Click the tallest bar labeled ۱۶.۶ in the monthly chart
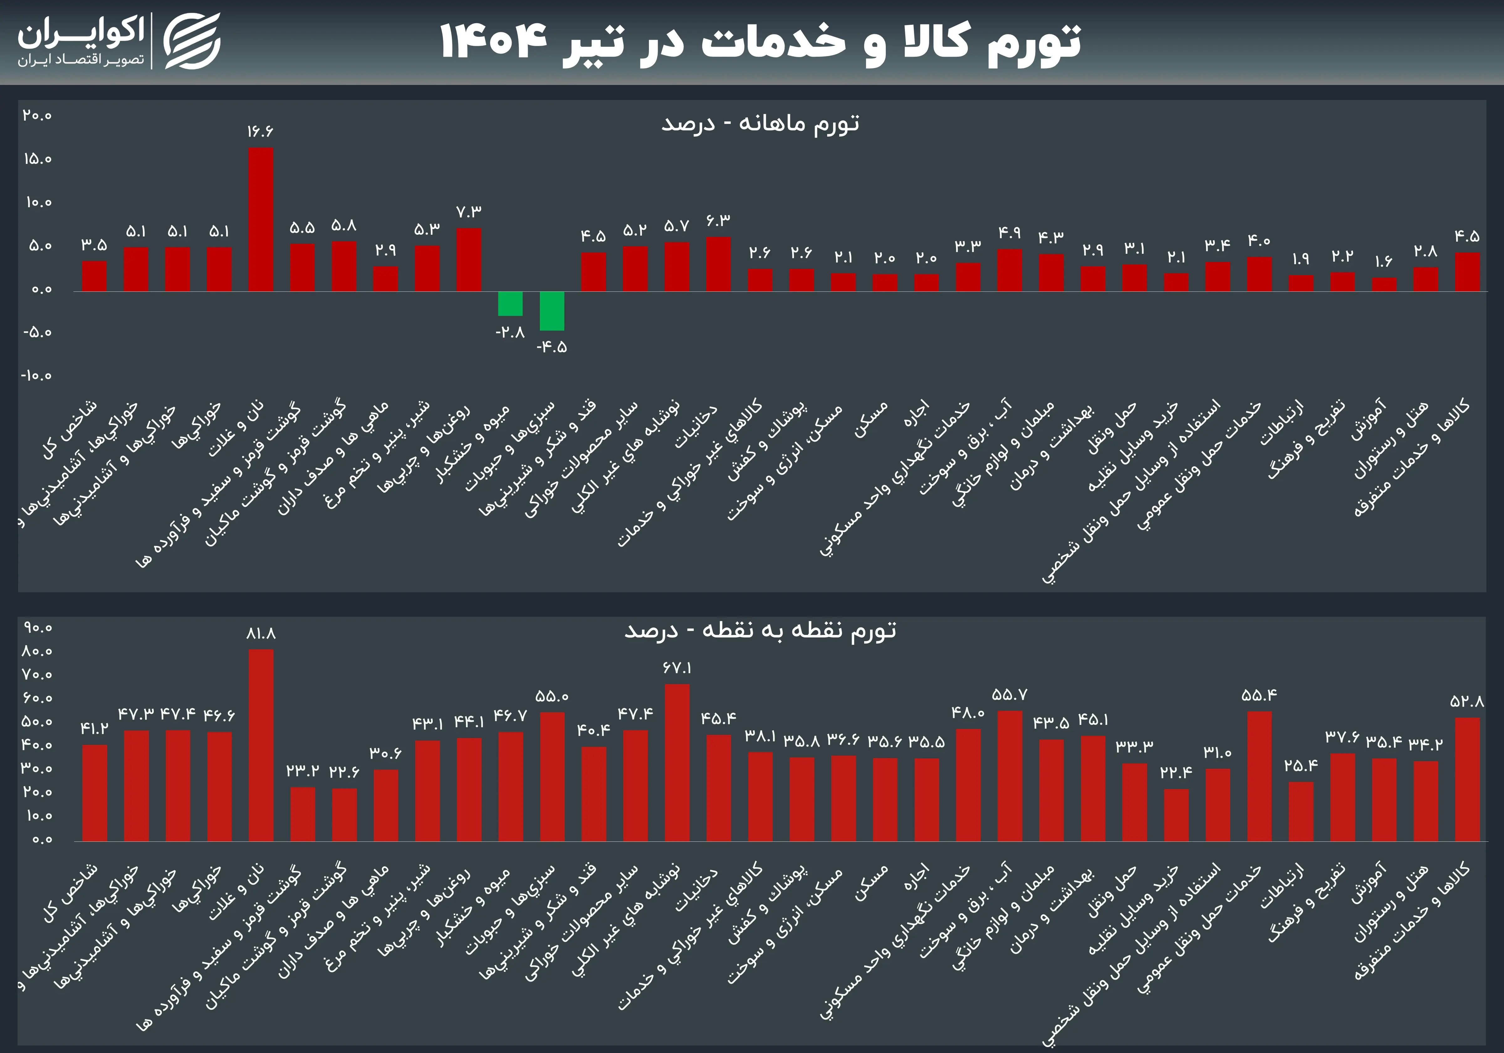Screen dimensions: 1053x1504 [x=261, y=219]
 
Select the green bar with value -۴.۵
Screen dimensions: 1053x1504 [x=551, y=311]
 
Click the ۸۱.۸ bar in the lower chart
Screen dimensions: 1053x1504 [x=261, y=745]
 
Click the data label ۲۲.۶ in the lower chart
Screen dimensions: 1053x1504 [x=344, y=772]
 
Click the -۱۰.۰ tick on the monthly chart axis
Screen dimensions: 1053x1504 [x=36, y=375]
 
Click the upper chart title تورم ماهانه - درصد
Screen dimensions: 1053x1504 [x=760, y=123]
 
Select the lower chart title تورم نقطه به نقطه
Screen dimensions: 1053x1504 [x=760, y=630]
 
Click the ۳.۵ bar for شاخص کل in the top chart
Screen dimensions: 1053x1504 [x=94, y=276]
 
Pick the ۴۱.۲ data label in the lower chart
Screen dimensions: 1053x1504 [x=94, y=728]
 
